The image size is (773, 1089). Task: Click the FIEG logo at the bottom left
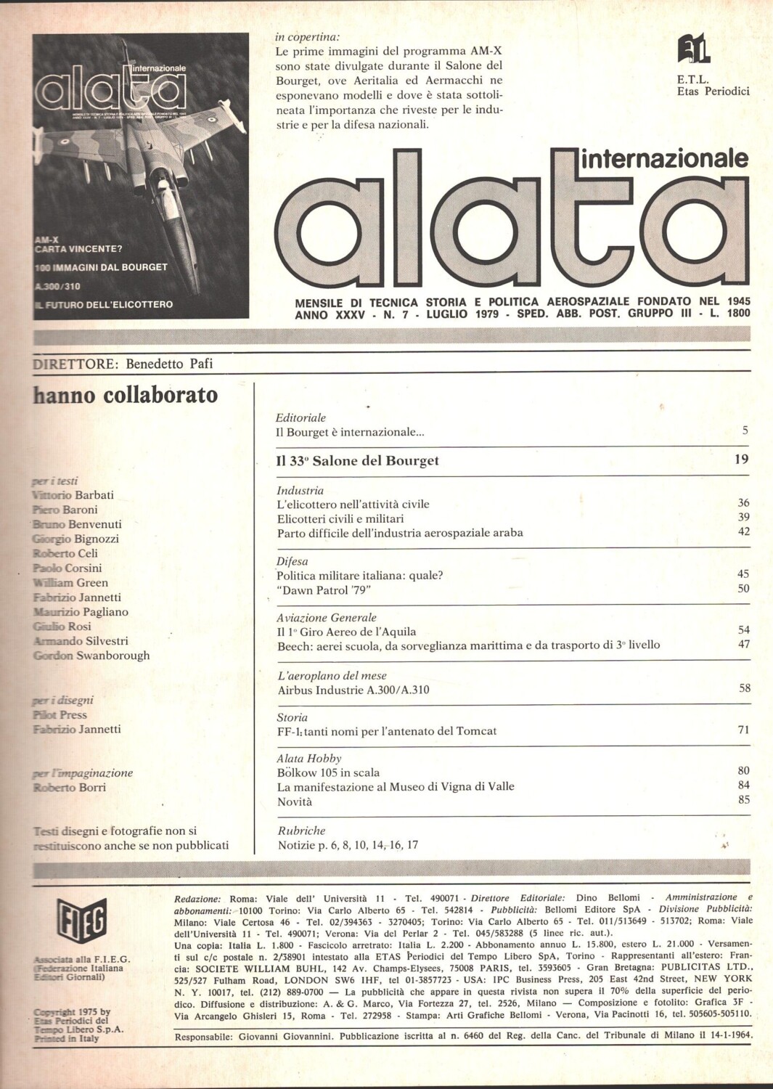[82, 920]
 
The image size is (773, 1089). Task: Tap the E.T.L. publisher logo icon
[693, 49]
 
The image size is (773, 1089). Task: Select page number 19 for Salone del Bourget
[741, 459]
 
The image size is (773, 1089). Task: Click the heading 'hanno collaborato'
[126, 395]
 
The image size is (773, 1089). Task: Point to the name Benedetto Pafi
[169, 364]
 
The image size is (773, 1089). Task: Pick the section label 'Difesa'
[292, 561]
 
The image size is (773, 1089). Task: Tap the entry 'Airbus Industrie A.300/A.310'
[353, 690]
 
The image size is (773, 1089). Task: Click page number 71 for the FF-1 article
[743, 730]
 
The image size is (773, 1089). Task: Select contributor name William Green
[70, 582]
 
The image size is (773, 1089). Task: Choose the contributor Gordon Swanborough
[91, 655]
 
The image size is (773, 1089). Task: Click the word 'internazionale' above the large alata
[664, 158]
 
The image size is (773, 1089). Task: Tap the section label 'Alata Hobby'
[308, 758]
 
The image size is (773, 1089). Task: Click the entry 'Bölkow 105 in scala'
[328, 772]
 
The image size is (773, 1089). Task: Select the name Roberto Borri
[70, 787]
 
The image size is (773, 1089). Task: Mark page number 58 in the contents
[745, 688]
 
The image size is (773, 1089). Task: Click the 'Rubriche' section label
[301, 831]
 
